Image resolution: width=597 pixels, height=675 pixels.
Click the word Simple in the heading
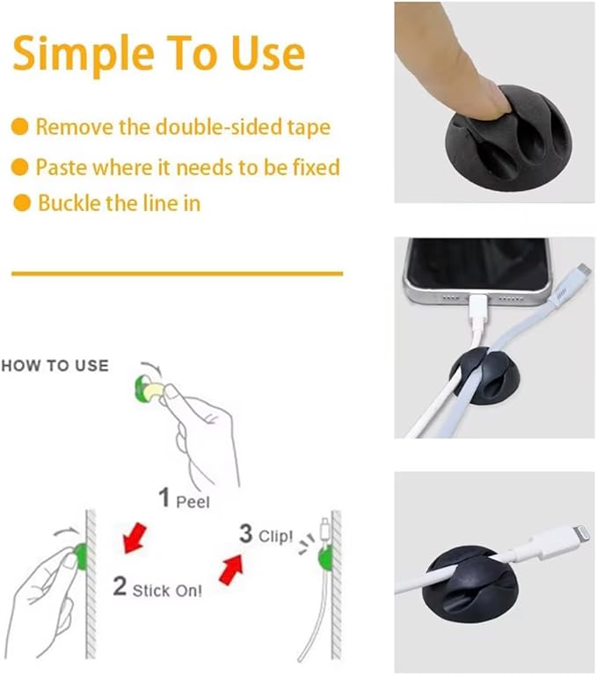point(84,55)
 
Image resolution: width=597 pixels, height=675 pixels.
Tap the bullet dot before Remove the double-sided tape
point(19,127)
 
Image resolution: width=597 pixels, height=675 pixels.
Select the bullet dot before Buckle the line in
point(22,202)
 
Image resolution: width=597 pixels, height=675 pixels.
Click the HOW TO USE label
point(55,365)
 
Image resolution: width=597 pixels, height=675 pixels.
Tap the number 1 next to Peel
point(164,496)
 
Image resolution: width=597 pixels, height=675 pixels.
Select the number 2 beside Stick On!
point(120,586)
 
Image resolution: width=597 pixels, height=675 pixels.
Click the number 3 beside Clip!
point(245,533)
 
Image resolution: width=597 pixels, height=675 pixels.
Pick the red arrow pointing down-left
point(135,537)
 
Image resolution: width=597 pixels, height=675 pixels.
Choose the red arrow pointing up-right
point(231,569)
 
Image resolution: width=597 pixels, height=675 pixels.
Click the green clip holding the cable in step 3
point(324,557)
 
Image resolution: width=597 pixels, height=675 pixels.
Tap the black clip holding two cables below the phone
point(484,376)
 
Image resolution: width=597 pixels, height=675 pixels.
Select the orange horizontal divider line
point(178,274)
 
